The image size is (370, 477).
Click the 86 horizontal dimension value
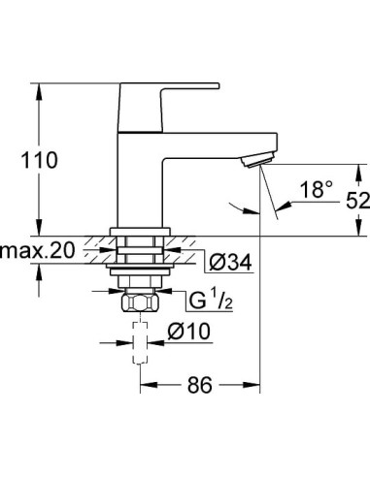tap(198, 385)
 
